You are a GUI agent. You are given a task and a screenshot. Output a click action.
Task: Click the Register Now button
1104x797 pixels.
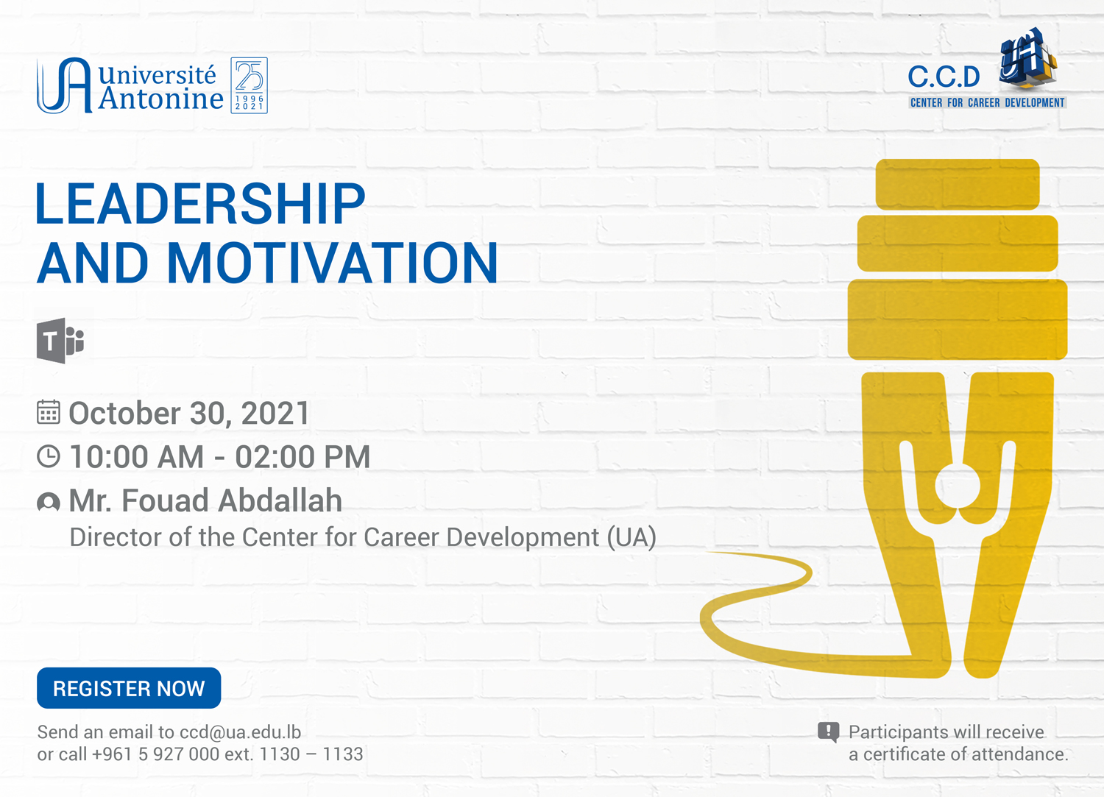(x=129, y=688)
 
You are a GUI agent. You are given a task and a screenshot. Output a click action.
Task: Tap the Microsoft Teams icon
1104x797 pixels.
(x=60, y=341)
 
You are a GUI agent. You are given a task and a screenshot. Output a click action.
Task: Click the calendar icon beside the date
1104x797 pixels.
(x=49, y=412)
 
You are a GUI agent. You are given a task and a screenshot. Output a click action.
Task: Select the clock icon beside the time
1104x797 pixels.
(x=49, y=456)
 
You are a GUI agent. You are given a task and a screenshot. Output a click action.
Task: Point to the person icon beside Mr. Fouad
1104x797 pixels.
(x=49, y=502)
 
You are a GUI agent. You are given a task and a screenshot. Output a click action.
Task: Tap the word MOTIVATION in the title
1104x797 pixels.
(x=333, y=263)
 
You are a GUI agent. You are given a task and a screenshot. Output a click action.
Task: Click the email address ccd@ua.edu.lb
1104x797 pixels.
(x=241, y=732)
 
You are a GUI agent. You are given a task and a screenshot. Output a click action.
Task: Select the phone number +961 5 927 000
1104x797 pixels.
(x=155, y=754)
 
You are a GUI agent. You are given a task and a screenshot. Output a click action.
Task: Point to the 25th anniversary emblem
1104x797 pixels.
(x=250, y=85)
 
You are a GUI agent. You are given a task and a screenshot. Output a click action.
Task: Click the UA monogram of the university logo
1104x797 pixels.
(x=64, y=85)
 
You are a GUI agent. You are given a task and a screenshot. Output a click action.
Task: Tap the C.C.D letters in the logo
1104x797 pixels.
(x=944, y=77)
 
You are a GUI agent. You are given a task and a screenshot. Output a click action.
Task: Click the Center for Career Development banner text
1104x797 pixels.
(x=987, y=103)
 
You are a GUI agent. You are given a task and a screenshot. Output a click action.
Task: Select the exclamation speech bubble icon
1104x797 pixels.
(x=829, y=732)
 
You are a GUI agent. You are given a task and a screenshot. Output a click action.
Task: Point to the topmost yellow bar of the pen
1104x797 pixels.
(x=958, y=184)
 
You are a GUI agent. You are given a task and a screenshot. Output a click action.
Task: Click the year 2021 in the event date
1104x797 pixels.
(x=275, y=413)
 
